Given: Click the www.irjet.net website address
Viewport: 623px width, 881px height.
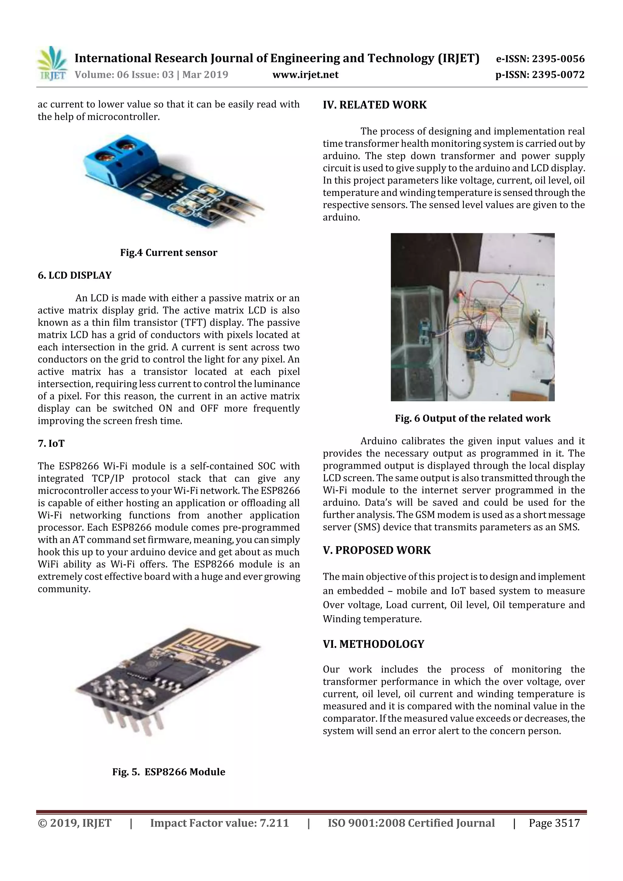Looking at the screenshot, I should point(305,75).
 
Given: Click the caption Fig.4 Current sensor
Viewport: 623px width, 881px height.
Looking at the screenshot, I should point(169,252).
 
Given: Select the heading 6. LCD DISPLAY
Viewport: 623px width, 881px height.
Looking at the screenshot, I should point(75,275).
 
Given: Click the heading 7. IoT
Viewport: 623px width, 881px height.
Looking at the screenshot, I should point(51,444).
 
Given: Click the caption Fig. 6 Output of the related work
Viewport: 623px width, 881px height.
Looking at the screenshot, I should point(472,418).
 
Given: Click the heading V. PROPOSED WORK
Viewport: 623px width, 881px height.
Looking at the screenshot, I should point(377,550).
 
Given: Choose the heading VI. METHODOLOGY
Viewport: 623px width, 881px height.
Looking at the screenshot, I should point(373,644).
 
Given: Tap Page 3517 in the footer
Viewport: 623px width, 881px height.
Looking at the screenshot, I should point(554,823).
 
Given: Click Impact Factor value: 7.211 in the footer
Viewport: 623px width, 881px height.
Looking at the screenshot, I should point(219,823).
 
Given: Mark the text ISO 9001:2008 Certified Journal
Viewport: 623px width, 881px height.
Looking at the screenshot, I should point(411,823).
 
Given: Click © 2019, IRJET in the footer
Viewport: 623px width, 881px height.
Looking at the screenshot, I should point(75,823).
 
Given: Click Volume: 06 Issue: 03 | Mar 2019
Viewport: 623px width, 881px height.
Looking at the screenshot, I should point(151,75).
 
